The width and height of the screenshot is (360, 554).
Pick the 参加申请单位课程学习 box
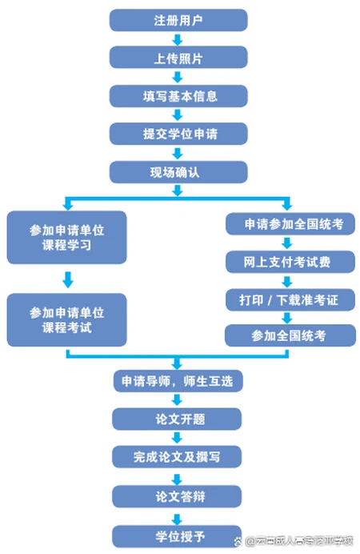point(66,238)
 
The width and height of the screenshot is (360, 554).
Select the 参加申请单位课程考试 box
point(66,319)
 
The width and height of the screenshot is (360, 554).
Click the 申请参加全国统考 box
point(288,225)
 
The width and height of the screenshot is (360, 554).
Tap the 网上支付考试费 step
point(288,262)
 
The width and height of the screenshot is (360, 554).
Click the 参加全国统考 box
point(288,335)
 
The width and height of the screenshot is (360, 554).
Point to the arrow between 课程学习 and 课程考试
point(67,279)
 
